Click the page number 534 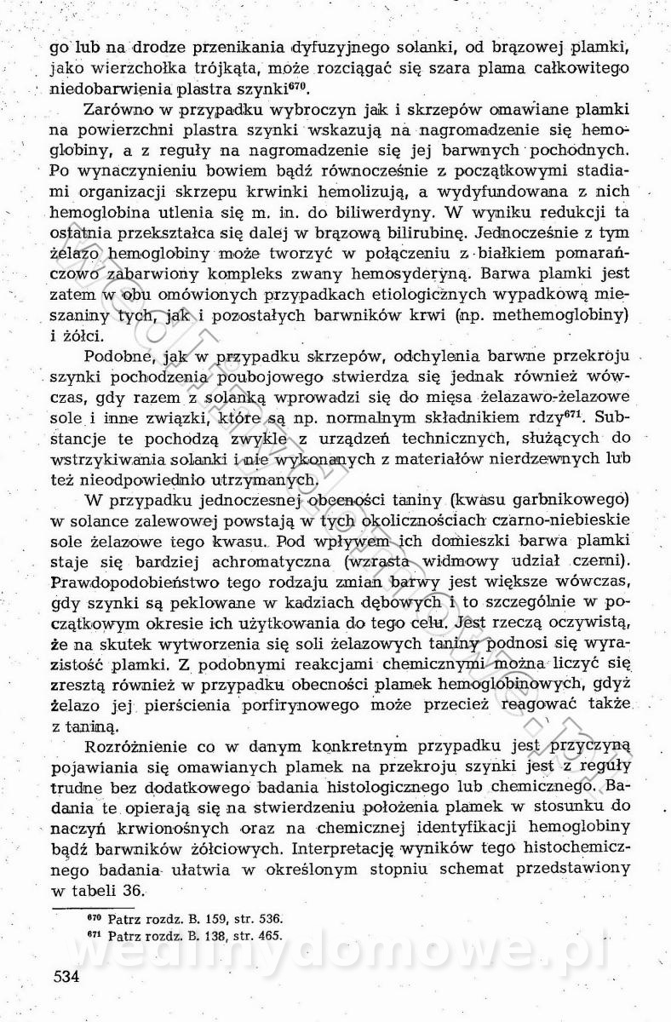click(66, 976)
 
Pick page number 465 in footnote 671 click(264, 935)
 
